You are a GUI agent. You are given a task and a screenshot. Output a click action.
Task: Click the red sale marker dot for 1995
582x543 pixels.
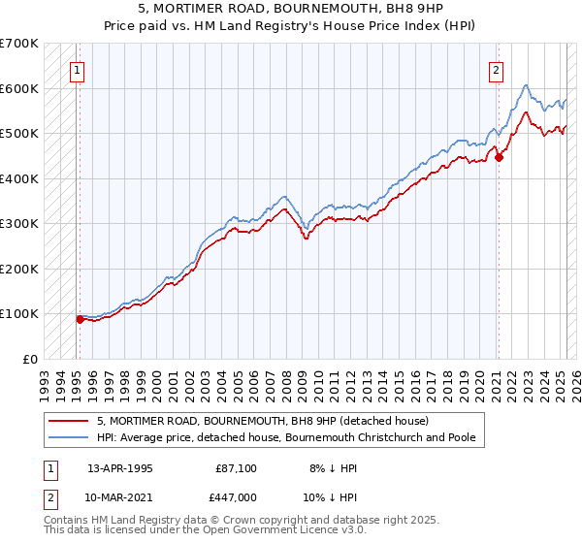80,319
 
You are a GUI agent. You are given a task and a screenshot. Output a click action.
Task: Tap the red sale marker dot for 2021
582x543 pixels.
499,157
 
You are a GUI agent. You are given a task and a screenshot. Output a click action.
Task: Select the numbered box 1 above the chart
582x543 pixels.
76,70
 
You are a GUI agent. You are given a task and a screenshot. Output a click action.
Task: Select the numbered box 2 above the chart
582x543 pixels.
496,70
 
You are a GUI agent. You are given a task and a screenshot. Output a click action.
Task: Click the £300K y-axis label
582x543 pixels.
18,223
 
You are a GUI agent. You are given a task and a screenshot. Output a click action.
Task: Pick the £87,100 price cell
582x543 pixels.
237,467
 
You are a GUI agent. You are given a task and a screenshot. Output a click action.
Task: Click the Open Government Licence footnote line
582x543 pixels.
205,530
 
